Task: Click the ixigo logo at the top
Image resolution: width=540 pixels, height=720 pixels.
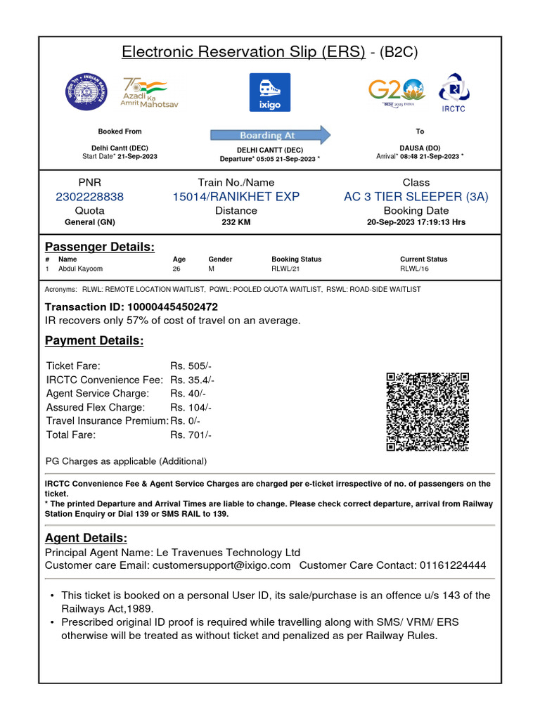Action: pyautogui.click(x=269, y=92)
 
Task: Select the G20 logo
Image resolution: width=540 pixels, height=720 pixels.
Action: pyautogui.click(x=397, y=92)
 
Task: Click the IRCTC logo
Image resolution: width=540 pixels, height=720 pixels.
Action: pyautogui.click(x=453, y=92)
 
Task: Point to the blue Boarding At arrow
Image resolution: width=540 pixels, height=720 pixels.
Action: pyautogui.click(x=270, y=135)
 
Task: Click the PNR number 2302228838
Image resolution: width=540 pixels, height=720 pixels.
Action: pyautogui.click(x=89, y=197)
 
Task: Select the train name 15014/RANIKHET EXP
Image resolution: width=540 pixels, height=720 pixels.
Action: pyautogui.click(x=236, y=197)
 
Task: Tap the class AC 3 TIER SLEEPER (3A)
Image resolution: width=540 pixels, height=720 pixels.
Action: pyautogui.click(x=416, y=197)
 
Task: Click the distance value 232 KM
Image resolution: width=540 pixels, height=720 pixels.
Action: pyautogui.click(x=236, y=222)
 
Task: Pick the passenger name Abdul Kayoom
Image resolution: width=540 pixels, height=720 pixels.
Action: pyautogui.click(x=80, y=269)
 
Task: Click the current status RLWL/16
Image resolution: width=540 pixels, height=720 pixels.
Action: pyautogui.click(x=414, y=269)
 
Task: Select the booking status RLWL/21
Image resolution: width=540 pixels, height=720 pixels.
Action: pyautogui.click(x=285, y=269)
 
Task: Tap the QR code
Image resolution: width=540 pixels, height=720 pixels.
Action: pyautogui.click(x=427, y=412)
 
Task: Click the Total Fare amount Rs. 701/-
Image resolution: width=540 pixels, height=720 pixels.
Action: pyautogui.click(x=191, y=435)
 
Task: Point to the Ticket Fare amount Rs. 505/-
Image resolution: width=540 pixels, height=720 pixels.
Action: pyautogui.click(x=191, y=366)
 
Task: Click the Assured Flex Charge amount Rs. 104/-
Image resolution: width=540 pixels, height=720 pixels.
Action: pyautogui.click(x=191, y=408)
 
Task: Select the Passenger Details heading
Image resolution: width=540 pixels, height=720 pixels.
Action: pyautogui.click(x=100, y=247)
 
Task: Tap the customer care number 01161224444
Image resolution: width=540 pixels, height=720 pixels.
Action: pyautogui.click(x=452, y=565)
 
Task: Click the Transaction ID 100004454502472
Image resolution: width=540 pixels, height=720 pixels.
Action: pyautogui.click(x=172, y=307)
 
